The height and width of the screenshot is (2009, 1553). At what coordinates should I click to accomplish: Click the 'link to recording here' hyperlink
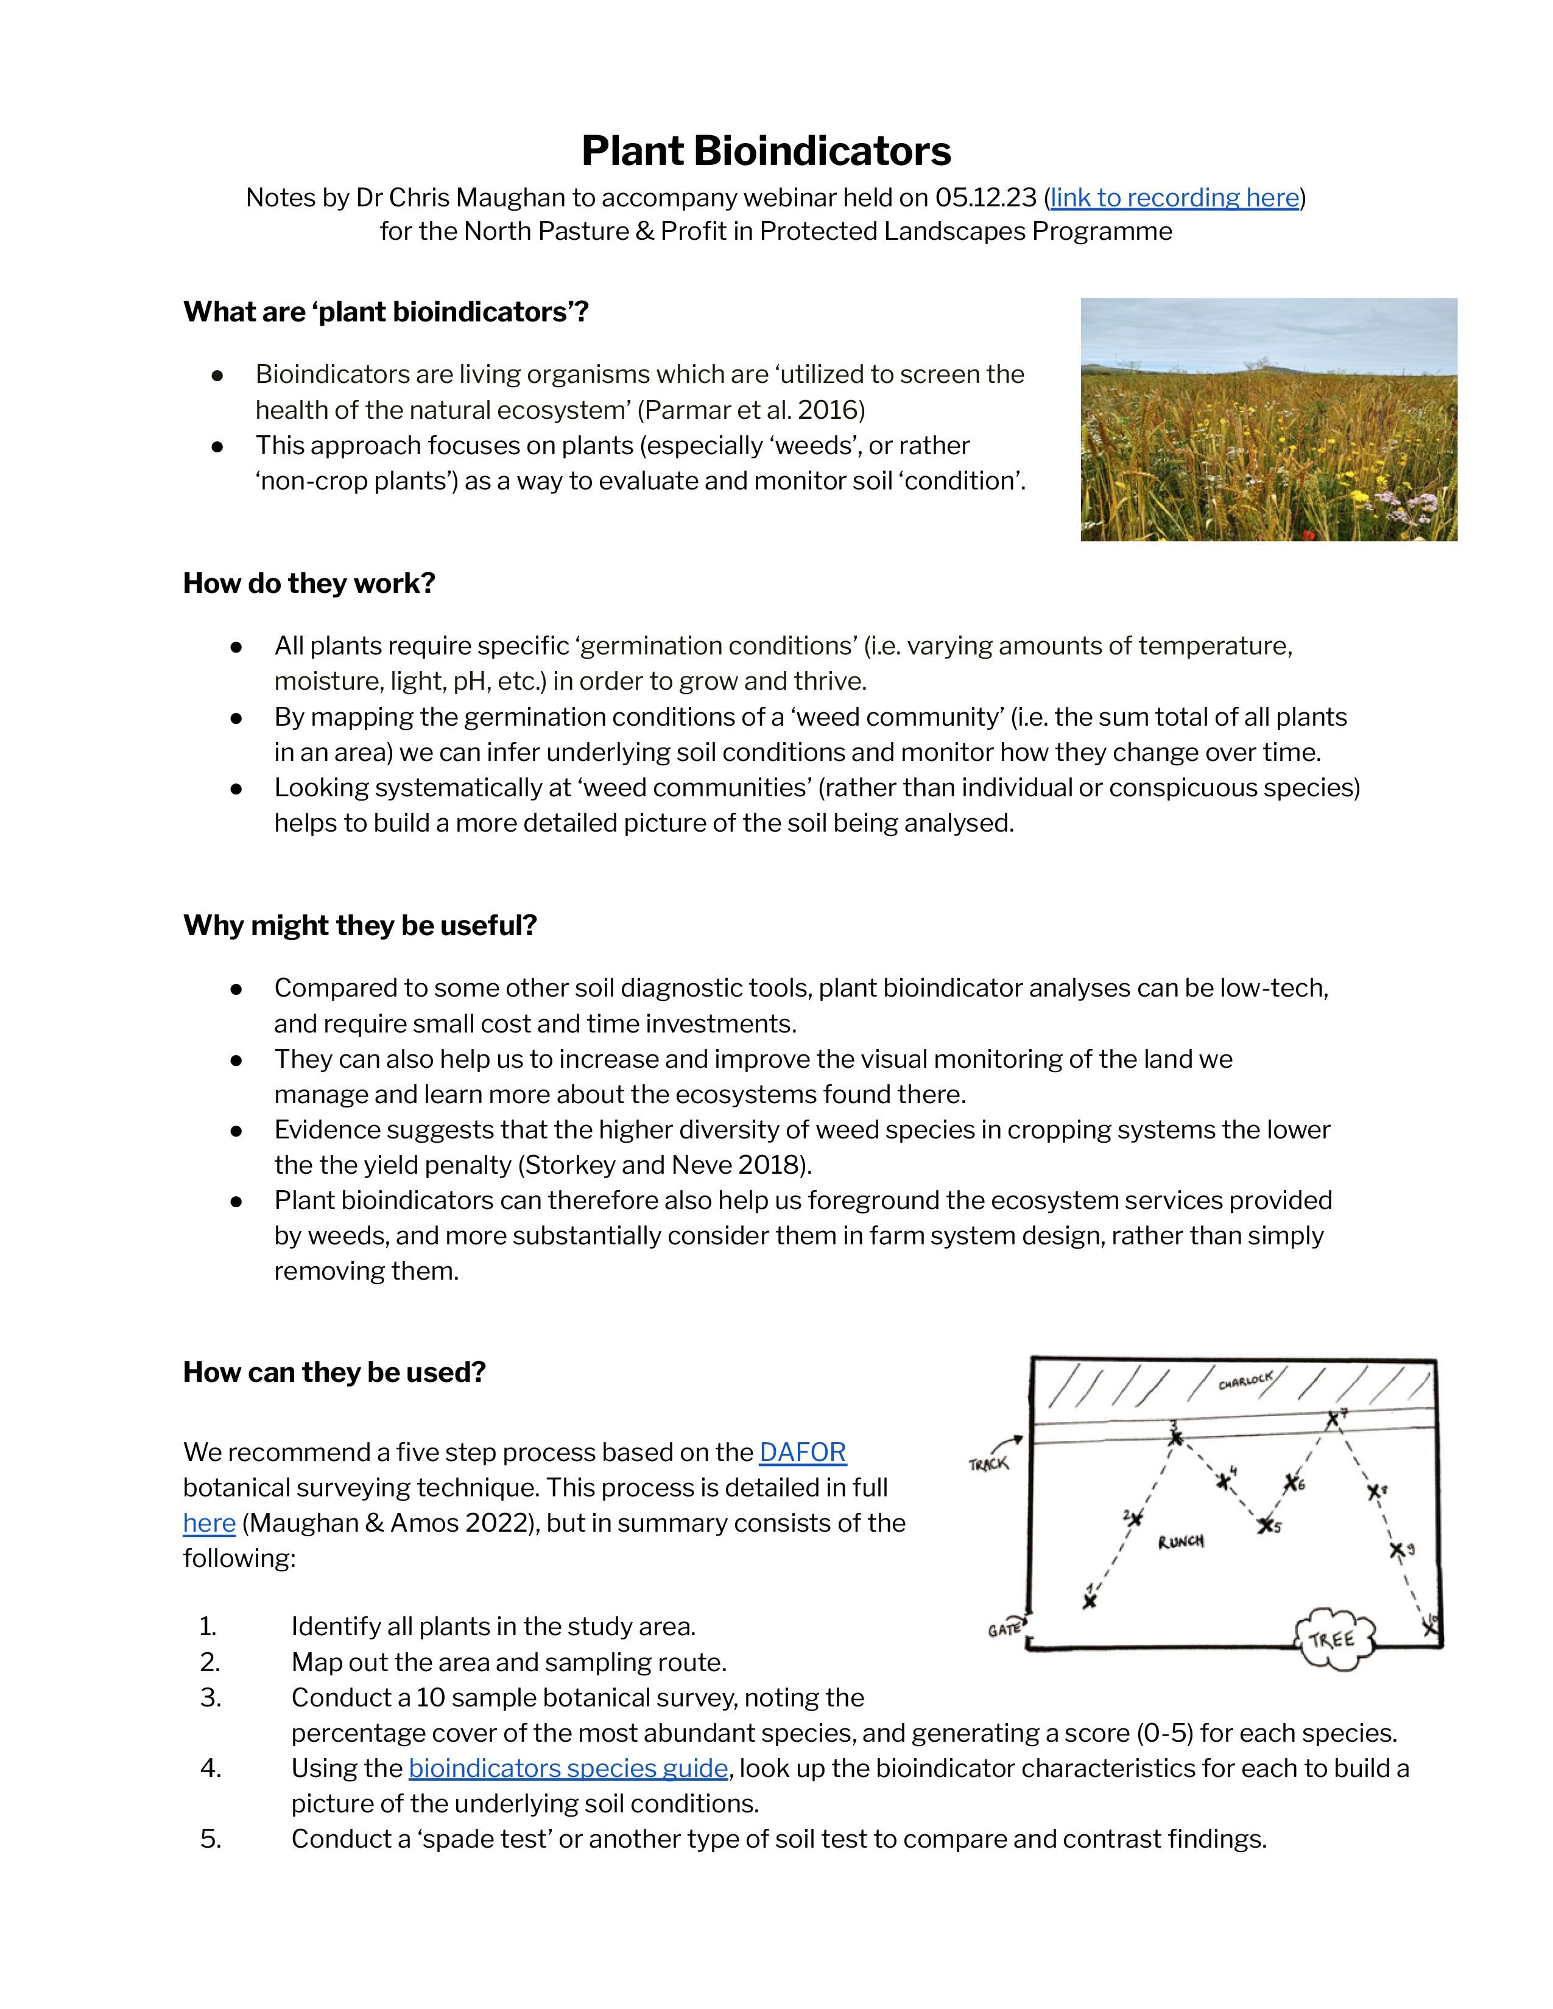(1174, 198)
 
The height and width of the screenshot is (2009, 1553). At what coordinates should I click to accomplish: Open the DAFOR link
(802, 1453)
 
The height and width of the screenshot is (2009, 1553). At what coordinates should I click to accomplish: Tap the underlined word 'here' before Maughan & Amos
(209, 1523)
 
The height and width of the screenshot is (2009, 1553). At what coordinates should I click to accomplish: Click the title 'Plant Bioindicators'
(766, 151)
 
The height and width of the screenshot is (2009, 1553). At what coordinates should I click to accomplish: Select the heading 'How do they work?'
(309, 583)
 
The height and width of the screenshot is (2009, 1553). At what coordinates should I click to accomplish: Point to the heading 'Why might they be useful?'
(360, 925)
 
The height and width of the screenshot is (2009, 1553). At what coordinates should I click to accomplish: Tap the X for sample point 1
(1090, 1602)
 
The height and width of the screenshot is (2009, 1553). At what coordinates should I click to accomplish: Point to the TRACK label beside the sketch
(988, 1464)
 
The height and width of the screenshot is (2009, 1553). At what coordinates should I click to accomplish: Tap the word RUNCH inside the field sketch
(1180, 1541)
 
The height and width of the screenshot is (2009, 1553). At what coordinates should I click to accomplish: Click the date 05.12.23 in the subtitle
(985, 198)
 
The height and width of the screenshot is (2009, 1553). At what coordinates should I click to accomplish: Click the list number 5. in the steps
(211, 1839)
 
